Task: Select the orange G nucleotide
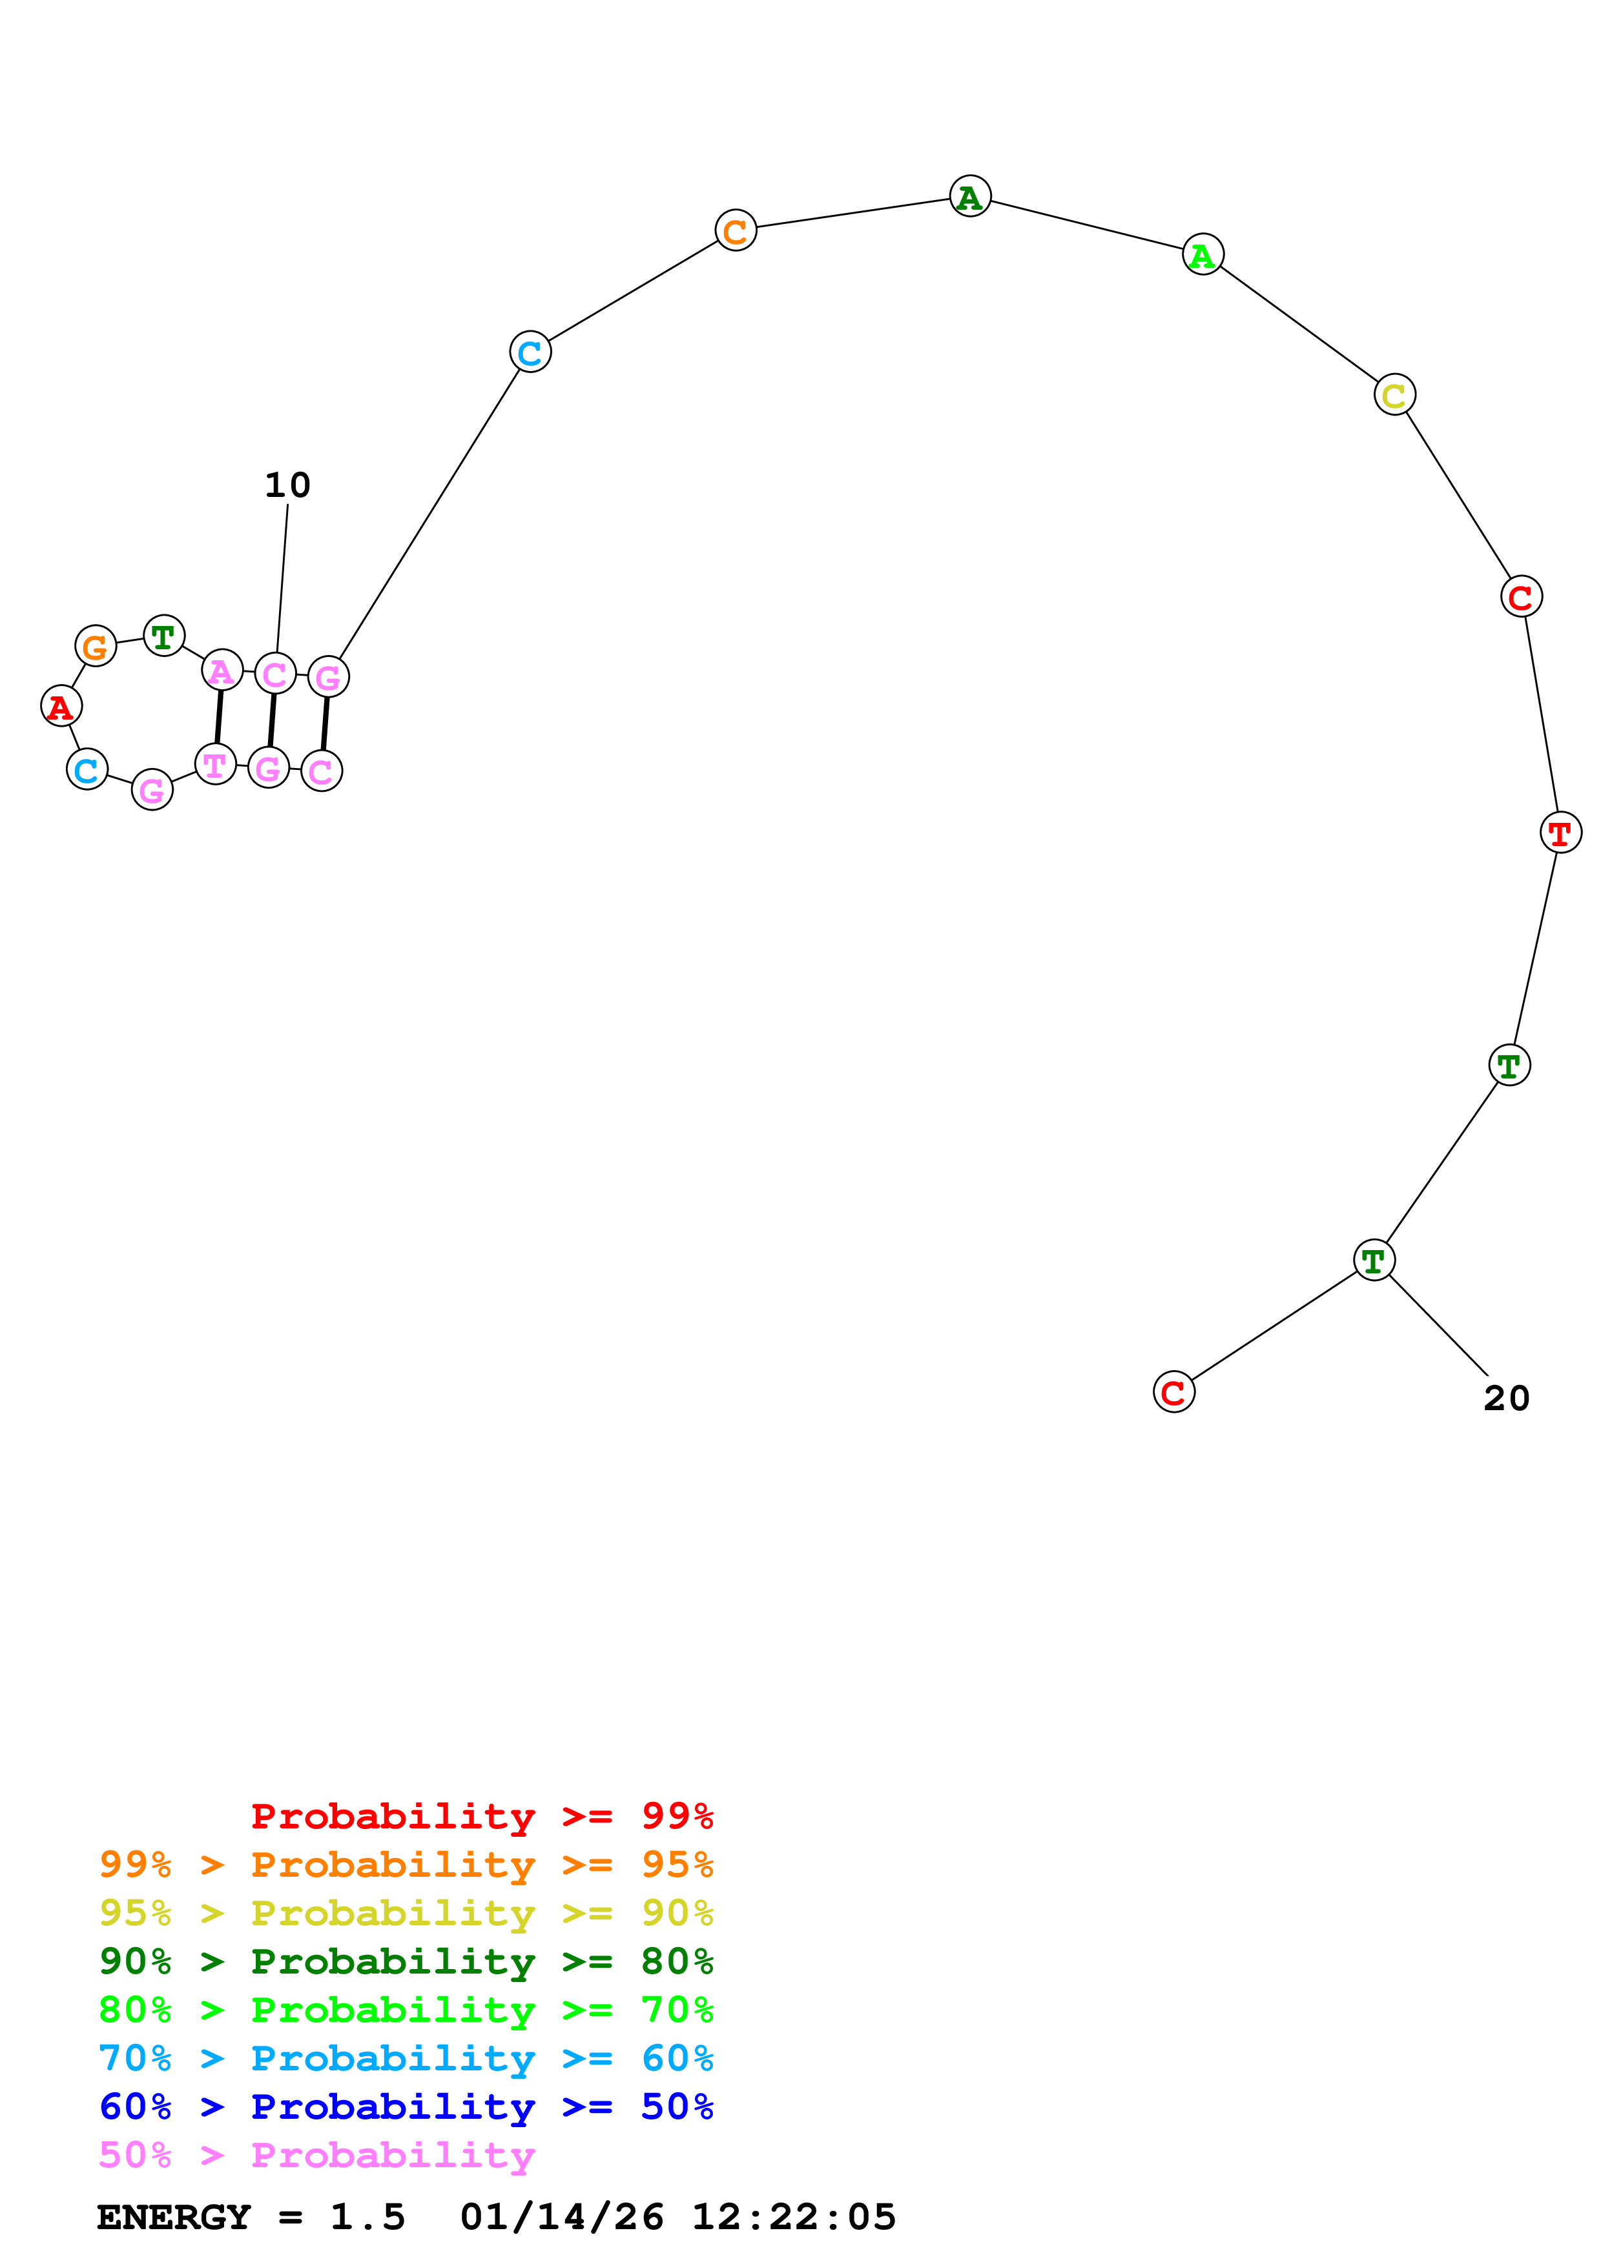pyautogui.click(x=96, y=647)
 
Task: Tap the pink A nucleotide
pyautogui.click(x=222, y=671)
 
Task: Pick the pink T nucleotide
pyautogui.click(x=215, y=764)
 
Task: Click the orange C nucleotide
pyautogui.click(x=735, y=231)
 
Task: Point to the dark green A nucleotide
pyautogui.click(x=969, y=196)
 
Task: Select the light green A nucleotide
pyautogui.click(x=1203, y=254)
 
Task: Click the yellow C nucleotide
pyautogui.click(x=1394, y=394)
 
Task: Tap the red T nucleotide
pyautogui.click(x=1560, y=833)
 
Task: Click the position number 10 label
pyautogui.click(x=287, y=485)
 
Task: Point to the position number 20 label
pyautogui.click(x=1505, y=1399)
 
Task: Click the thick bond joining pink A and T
pyautogui.click(x=219, y=717)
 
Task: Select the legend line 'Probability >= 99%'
pyautogui.click(x=481, y=1816)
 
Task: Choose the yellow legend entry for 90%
pyautogui.click(x=406, y=1913)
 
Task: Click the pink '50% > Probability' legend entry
pyautogui.click(x=316, y=2154)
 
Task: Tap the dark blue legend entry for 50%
pyautogui.click(x=406, y=2107)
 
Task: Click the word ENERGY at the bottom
pyautogui.click(x=174, y=2217)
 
